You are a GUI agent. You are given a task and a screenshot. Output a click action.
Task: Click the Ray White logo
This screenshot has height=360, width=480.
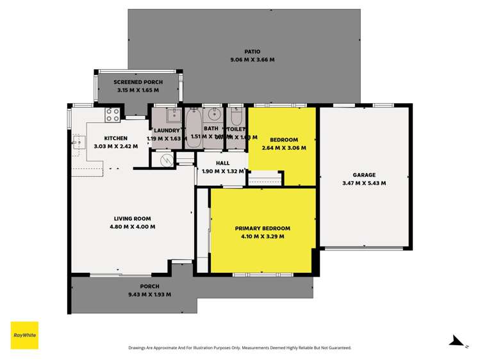(24, 335)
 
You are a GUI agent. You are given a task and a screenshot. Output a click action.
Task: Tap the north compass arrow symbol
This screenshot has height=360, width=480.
(456, 341)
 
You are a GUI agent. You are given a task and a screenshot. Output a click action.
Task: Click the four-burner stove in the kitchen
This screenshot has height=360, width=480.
(112, 115)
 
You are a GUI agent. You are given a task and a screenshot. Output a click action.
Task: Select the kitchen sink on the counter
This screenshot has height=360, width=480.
(78, 143)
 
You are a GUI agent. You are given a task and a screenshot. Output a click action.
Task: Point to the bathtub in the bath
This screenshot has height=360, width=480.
(194, 128)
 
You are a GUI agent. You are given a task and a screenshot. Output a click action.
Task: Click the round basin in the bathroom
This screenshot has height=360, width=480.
(215, 117)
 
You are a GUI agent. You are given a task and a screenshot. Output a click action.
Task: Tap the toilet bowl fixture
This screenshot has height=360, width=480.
(236, 119)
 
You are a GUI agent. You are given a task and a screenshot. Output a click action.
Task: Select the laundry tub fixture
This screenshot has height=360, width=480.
(173, 116)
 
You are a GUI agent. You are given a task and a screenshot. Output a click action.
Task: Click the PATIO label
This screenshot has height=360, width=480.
(252, 51)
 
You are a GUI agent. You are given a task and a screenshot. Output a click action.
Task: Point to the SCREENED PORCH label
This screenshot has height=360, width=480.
(138, 82)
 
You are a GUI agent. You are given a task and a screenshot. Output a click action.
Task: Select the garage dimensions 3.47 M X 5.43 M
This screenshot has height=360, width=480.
(364, 183)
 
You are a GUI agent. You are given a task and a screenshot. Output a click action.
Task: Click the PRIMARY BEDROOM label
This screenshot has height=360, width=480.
(262, 228)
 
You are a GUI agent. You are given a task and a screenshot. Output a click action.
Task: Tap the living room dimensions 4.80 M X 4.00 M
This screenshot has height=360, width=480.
(133, 226)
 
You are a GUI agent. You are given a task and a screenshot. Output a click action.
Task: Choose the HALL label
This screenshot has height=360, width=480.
(222, 163)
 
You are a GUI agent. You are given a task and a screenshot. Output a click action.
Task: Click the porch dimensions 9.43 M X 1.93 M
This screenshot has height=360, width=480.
(149, 295)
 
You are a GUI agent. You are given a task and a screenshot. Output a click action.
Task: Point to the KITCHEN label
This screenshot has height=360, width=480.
(116, 138)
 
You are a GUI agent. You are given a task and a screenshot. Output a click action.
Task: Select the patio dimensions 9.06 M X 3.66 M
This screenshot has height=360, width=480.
(252, 60)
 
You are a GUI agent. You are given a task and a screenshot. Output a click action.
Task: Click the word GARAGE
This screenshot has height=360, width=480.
(364, 175)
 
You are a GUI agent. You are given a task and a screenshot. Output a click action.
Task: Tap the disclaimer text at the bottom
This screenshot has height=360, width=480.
(240, 348)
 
